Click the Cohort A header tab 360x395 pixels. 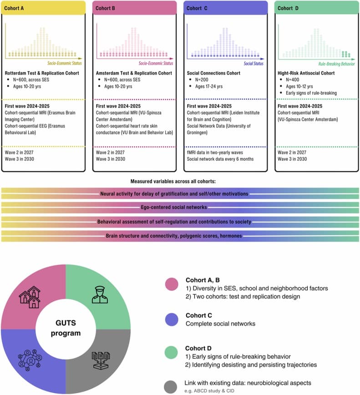(43, 8)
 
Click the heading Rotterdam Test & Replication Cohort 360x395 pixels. (37, 73)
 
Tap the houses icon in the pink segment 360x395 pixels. (30, 296)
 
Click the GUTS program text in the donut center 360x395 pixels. (66, 328)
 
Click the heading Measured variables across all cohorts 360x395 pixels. (180, 182)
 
